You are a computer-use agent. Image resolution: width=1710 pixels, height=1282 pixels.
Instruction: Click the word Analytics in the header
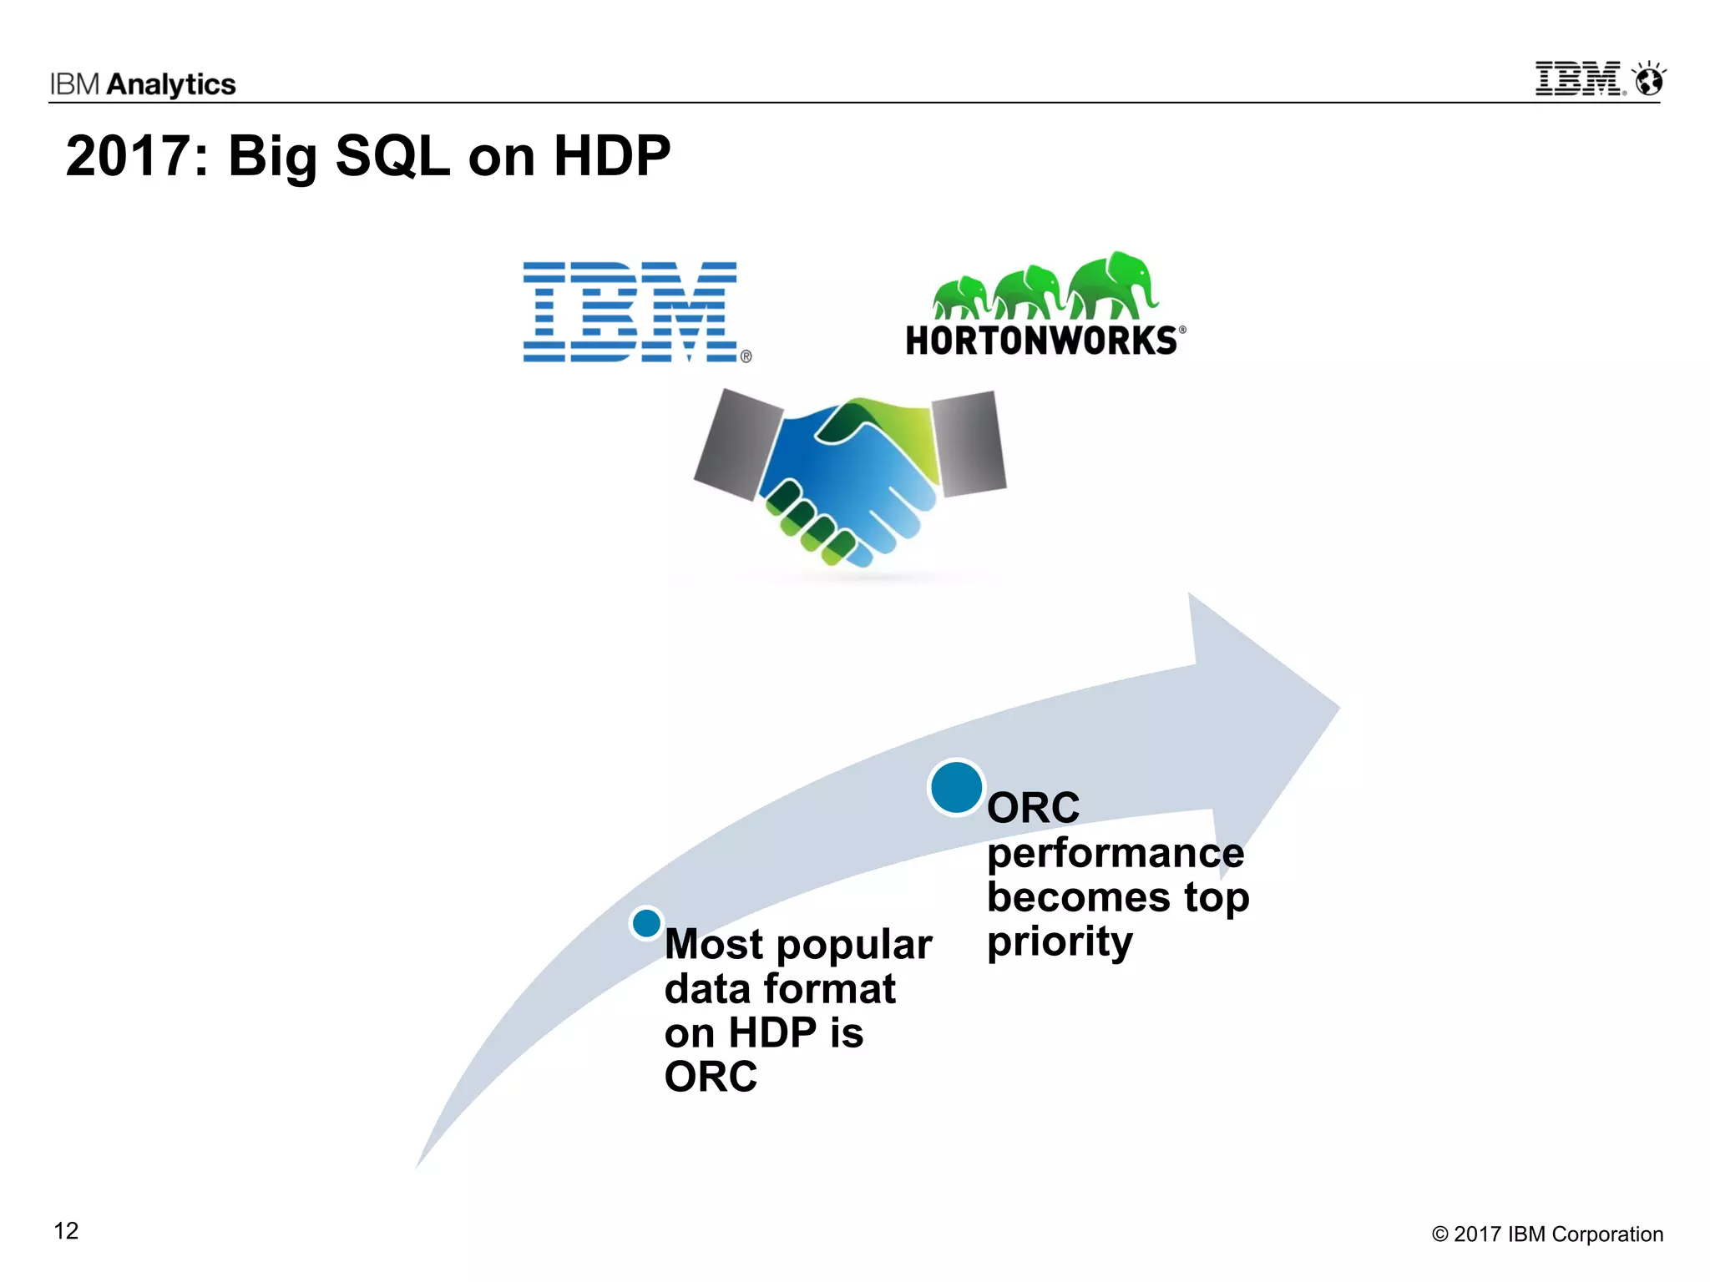[x=171, y=84]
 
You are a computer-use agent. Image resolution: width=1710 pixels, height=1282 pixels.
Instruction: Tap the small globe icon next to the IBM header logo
[x=1649, y=80]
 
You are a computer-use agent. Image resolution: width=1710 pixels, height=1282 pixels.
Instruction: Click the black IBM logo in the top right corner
[x=1579, y=79]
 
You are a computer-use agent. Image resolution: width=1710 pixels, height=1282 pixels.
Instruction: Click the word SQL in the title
[x=392, y=156]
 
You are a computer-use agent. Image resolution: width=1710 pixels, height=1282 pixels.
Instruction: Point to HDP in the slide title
[x=611, y=156]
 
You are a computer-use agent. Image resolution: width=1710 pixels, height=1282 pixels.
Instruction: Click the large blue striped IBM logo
[x=630, y=311]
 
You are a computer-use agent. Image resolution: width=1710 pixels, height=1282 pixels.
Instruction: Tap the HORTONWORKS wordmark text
[x=1041, y=341]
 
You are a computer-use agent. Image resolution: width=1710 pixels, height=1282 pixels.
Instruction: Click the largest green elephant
[x=1111, y=284]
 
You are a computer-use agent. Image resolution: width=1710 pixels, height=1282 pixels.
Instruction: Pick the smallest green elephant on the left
[x=960, y=297]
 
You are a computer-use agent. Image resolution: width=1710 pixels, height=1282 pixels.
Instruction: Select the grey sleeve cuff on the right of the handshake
[x=969, y=442]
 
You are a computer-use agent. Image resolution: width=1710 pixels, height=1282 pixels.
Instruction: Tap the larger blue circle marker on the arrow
[x=956, y=787]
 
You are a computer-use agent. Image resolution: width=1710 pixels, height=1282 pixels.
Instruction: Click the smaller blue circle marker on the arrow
[x=646, y=923]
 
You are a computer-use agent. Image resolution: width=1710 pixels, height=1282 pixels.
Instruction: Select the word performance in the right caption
[x=1115, y=853]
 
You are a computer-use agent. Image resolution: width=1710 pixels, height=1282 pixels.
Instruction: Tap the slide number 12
[x=66, y=1231]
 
